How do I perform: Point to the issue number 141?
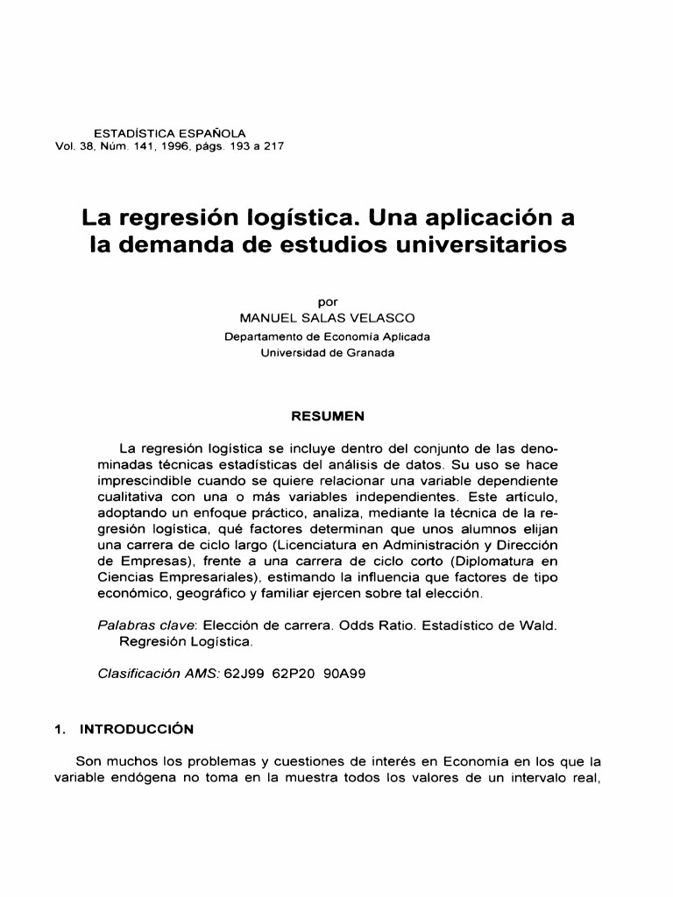coord(133,145)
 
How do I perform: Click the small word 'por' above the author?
coord(327,303)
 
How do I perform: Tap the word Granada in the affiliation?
coord(371,353)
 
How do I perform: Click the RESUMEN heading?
coord(327,415)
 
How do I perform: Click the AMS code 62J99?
coord(244,675)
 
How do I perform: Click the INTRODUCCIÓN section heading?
coord(137,729)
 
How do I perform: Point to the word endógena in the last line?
coord(143,778)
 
